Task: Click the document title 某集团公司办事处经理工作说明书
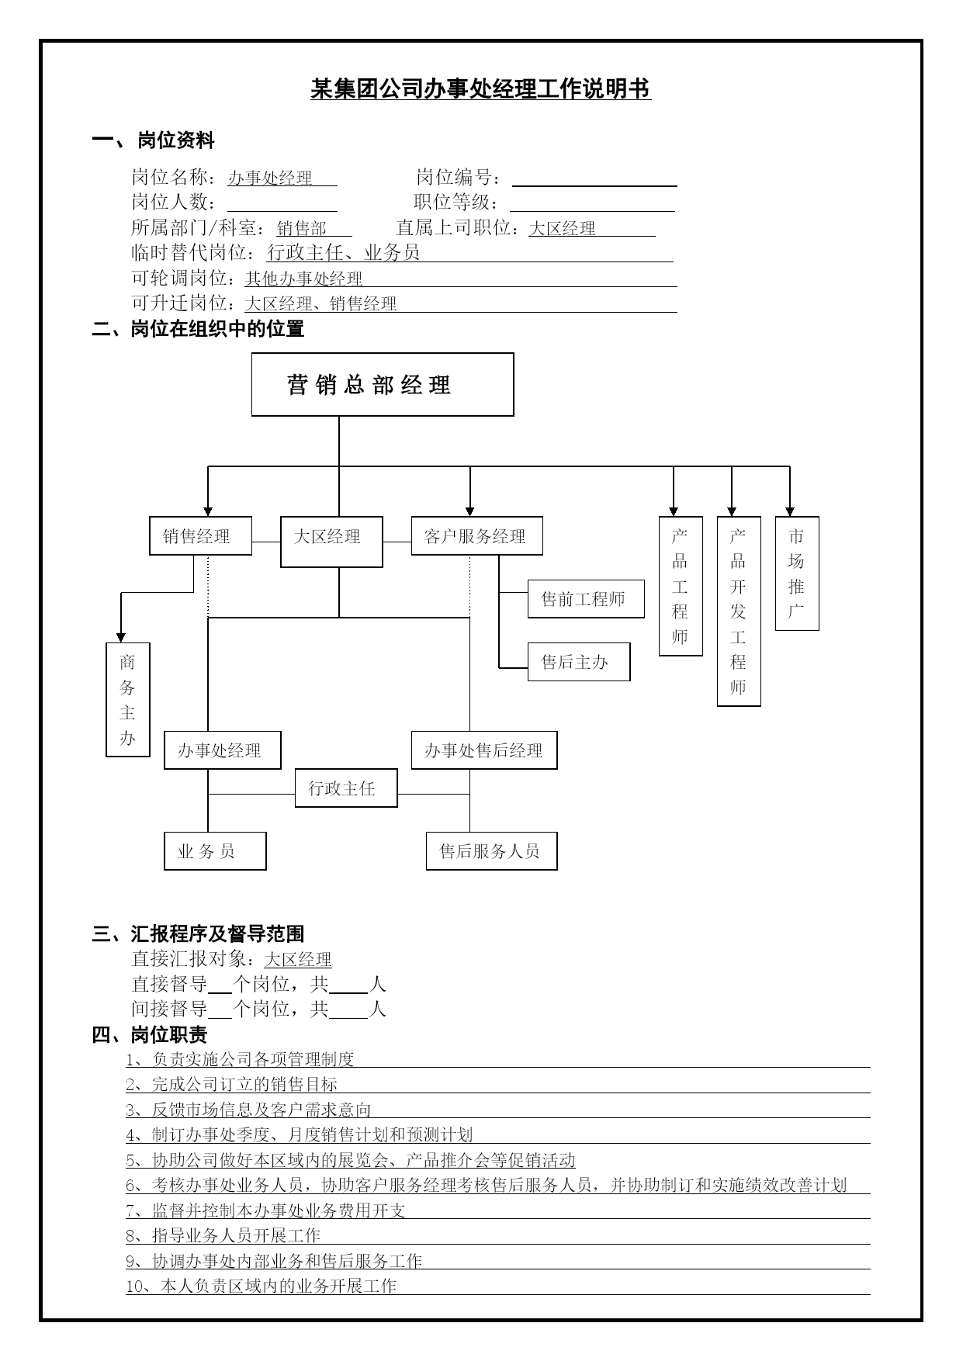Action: point(480,89)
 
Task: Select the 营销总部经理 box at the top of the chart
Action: point(383,384)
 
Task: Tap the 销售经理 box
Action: point(200,536)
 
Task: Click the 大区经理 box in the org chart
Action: point(331,542)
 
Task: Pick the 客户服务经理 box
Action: point(476,536)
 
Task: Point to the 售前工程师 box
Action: point(586,599)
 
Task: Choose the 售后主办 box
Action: point(579,662)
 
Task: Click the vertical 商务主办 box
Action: point(128,699)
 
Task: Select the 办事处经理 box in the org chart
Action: point(222,750)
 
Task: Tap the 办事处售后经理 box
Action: point(484,750)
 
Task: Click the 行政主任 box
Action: point(346,788)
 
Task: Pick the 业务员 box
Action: point(215,851)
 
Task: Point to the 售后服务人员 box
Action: point(492,851)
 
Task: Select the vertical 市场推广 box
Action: point(797,573)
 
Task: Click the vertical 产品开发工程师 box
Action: point(739,611)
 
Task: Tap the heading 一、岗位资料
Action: point(153,140)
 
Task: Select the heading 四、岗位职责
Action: point(150,1034)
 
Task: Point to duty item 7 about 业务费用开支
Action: point(265,1210)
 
